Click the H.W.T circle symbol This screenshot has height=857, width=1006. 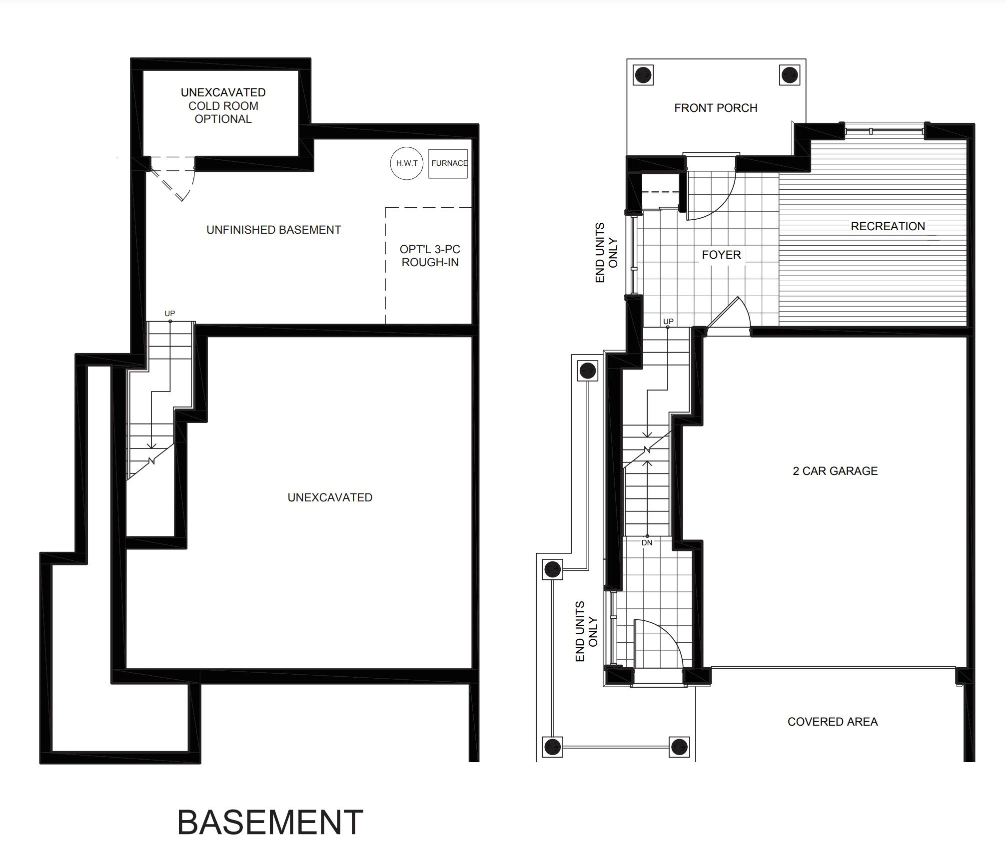(x=407, y=163)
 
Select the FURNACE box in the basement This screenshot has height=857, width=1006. (x=448, y=163)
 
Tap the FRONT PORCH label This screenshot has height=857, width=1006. (x=716, y=108)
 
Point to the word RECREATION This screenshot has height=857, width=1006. (x=888, y=226)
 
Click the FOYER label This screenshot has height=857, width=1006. (x=721, y=255)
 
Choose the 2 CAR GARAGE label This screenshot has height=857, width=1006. (x=835, y=471)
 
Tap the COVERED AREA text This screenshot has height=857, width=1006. (x=833, y=722)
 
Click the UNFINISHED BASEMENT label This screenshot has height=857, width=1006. (x=274, y=230)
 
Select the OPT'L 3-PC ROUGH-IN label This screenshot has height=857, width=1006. (x=430, y=256)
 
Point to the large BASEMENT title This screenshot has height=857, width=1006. (x=270, y=823)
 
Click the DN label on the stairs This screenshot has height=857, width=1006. (x=647, y=543)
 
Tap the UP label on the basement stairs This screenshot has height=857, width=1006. (x=170, y=314)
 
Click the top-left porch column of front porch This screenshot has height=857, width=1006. (x=643, y=75)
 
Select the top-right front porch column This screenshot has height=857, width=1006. (x=790, y=75)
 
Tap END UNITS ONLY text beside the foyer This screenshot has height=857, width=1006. (x=607, y=252)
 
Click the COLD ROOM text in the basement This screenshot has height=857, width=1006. (x=223, y=106)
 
